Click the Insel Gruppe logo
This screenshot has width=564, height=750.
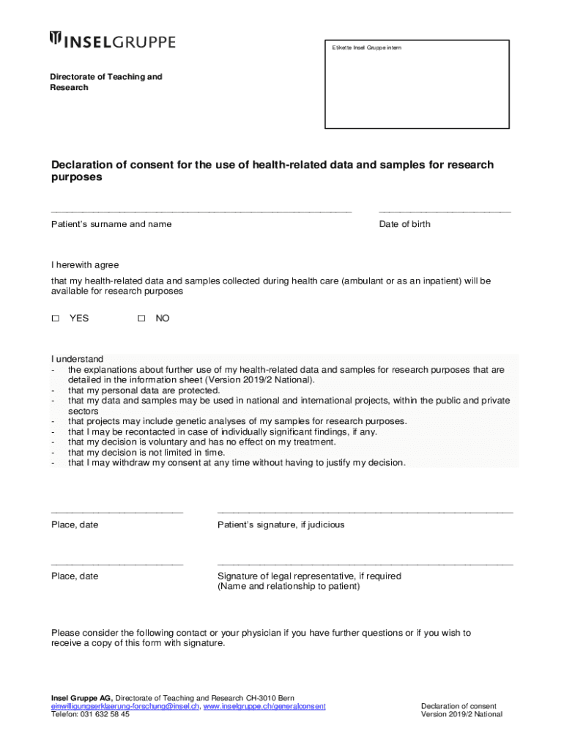point(112,41)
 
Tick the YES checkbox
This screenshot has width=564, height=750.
point(55,319)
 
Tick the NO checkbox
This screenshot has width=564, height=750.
point(142,319)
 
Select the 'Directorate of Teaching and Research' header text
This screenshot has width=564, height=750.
point(105,82)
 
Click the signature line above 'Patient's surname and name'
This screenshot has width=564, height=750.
point(201,212)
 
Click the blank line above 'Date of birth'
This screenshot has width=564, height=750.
point(445,212)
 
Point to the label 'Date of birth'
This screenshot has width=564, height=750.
point(404,224)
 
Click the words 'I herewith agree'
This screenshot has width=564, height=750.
point(85,265)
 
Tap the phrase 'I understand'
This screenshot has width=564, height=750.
point(77,359)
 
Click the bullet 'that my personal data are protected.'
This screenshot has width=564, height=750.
point(144,390)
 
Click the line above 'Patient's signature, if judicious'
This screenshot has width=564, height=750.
point(365,512)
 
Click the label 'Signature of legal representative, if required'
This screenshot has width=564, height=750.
point(309,576)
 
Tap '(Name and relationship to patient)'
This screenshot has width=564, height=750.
point(289,587)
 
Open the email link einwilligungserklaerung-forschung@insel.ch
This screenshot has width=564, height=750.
point(125,706)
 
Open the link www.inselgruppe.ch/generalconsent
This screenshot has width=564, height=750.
point(264,706)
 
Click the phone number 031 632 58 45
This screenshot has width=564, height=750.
point(104,715)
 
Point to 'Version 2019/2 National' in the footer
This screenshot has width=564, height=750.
point(461,715)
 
